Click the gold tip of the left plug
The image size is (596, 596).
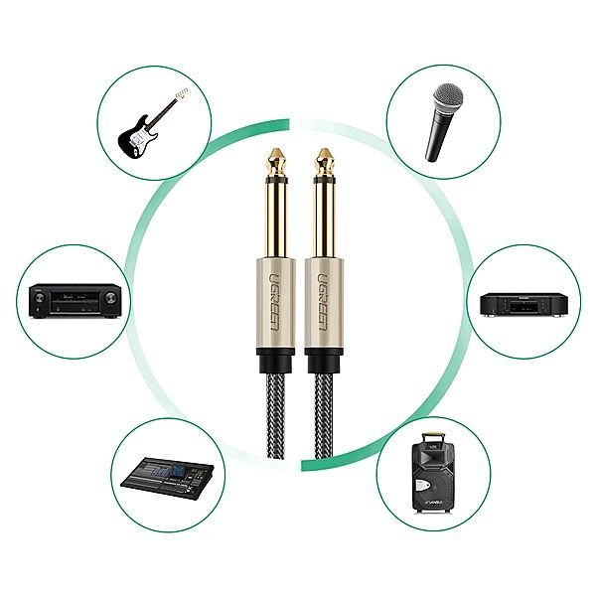tap(271, 160)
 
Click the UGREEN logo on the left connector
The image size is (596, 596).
tap(272, 292)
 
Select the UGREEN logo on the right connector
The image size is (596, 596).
tap(325, 292)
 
